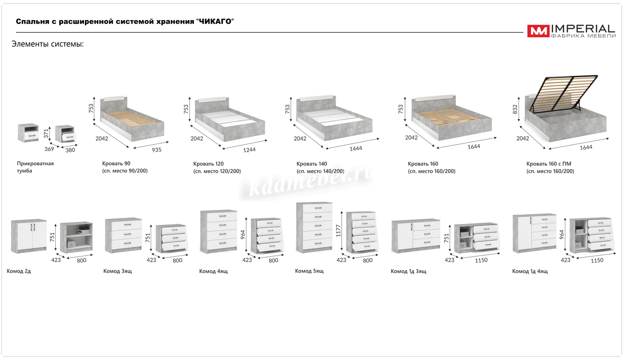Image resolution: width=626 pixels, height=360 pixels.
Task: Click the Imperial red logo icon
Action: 538,31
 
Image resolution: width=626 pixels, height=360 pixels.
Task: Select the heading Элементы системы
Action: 47,44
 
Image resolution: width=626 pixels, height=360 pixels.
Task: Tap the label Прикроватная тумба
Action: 35,167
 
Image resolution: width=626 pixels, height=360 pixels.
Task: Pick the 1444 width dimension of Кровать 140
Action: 355,148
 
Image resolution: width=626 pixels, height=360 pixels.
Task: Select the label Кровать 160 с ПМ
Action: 549,164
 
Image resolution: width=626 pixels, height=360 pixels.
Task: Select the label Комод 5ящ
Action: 309,271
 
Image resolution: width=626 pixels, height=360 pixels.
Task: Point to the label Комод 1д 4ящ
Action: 530,271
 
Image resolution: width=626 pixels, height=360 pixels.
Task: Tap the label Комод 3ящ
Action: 118,271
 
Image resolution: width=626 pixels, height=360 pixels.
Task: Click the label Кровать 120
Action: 208,164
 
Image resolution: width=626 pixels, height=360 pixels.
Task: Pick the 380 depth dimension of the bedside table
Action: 70,150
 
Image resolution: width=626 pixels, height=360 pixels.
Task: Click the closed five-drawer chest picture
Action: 314,226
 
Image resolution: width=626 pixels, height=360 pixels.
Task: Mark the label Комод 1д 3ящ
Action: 408,271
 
